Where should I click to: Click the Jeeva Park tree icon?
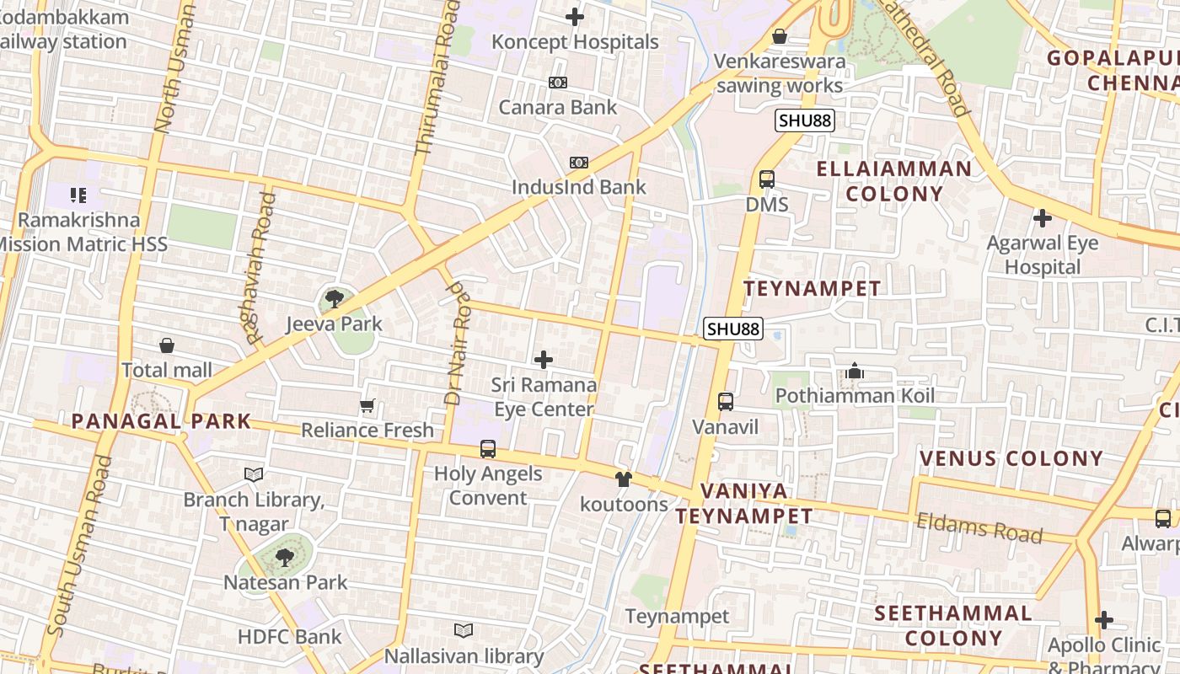334,298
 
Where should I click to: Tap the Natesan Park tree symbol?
285,557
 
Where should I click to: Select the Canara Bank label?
558,107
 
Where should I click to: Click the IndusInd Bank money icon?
579,163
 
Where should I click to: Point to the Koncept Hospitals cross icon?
575,17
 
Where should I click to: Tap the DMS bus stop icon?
767,179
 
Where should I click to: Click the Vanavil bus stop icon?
726,402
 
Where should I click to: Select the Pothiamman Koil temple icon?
855,371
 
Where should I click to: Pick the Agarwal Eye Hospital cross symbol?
1043,218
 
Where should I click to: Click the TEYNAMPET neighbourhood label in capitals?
813,289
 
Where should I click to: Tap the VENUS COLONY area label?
1011,459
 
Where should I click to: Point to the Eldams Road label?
979,528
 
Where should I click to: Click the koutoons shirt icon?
623,480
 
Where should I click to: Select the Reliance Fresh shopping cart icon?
367,406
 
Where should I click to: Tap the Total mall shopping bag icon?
167,345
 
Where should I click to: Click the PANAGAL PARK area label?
161,421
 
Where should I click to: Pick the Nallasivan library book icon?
464,630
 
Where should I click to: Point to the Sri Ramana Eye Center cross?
544,361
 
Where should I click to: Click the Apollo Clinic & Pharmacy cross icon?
1104,621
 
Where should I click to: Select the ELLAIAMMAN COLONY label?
894,181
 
